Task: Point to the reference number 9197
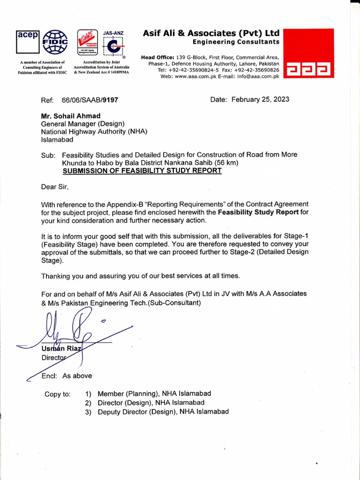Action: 110,100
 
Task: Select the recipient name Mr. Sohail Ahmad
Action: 71,116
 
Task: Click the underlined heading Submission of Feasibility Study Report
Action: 142,171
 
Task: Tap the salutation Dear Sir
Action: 55,187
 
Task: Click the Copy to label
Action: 57,394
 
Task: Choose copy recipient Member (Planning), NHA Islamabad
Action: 154,393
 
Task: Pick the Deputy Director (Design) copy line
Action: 163,412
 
